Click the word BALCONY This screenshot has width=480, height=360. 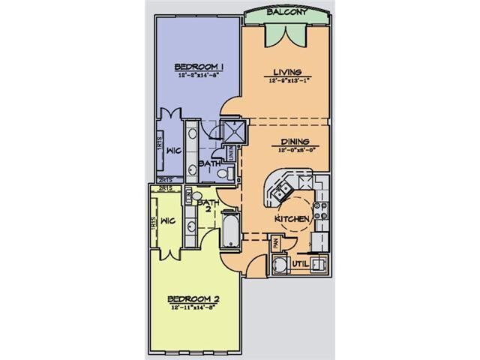286,13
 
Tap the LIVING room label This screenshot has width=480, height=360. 286,74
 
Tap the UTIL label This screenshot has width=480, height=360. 301,265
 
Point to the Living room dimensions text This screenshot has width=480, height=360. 286,83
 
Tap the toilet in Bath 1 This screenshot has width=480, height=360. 222,175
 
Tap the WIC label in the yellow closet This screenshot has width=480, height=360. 168,221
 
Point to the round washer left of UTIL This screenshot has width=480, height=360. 280,265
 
